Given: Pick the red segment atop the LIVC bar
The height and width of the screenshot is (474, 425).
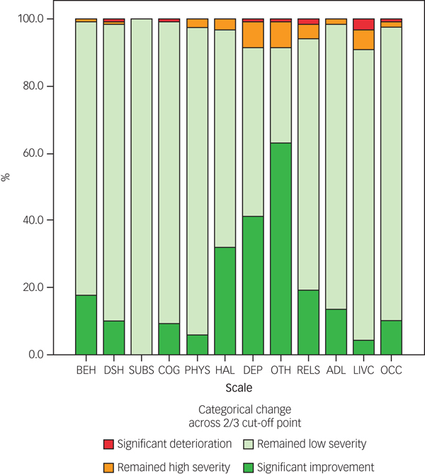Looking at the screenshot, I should pyautogui.click(x=363, y=24).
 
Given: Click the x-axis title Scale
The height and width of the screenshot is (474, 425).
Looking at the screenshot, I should pyautogui.click(x=239, y=388).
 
